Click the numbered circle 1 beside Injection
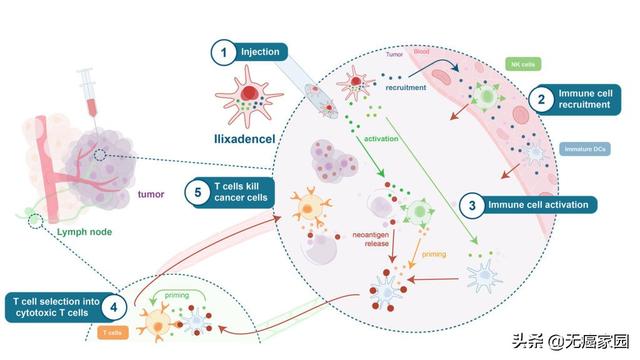226,51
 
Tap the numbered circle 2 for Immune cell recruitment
541,100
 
